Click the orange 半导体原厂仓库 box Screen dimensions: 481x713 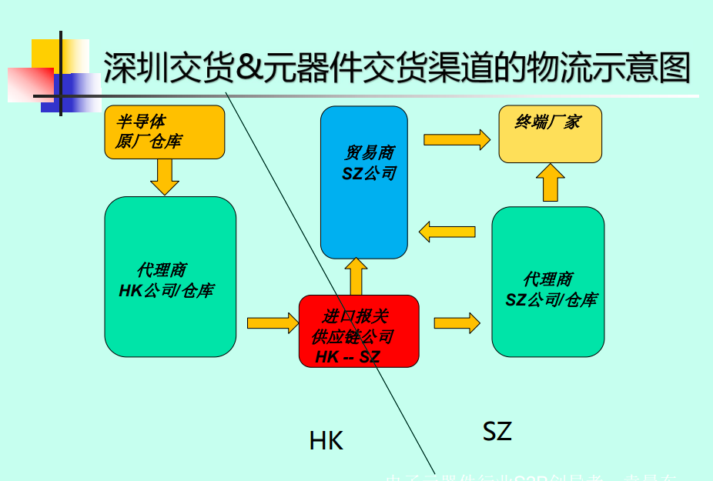(x=164, y=132)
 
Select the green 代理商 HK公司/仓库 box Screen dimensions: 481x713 (x=170, y=276)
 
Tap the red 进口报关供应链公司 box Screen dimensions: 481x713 (x=359, y=331)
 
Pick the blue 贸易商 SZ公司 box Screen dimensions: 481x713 (x=363, y=182)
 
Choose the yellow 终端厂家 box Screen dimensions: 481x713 (x=550, y=134)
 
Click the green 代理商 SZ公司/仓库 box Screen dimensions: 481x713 (x=547, y=282)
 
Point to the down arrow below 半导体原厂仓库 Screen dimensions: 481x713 (x=165, y=176)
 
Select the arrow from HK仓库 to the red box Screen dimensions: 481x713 (x=272, y=322)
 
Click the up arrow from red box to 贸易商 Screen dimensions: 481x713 (x=356, y=276)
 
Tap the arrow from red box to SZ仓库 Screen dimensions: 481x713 (x=456, y=322)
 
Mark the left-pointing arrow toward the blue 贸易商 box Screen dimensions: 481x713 (x=446, y=230)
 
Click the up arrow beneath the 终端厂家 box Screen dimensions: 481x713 (x=550, y=182)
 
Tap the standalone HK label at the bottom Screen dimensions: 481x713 (x=326, y=441)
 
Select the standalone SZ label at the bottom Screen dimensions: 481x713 (x=497, y=431)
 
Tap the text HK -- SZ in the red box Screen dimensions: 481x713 (x=348, y=357)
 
